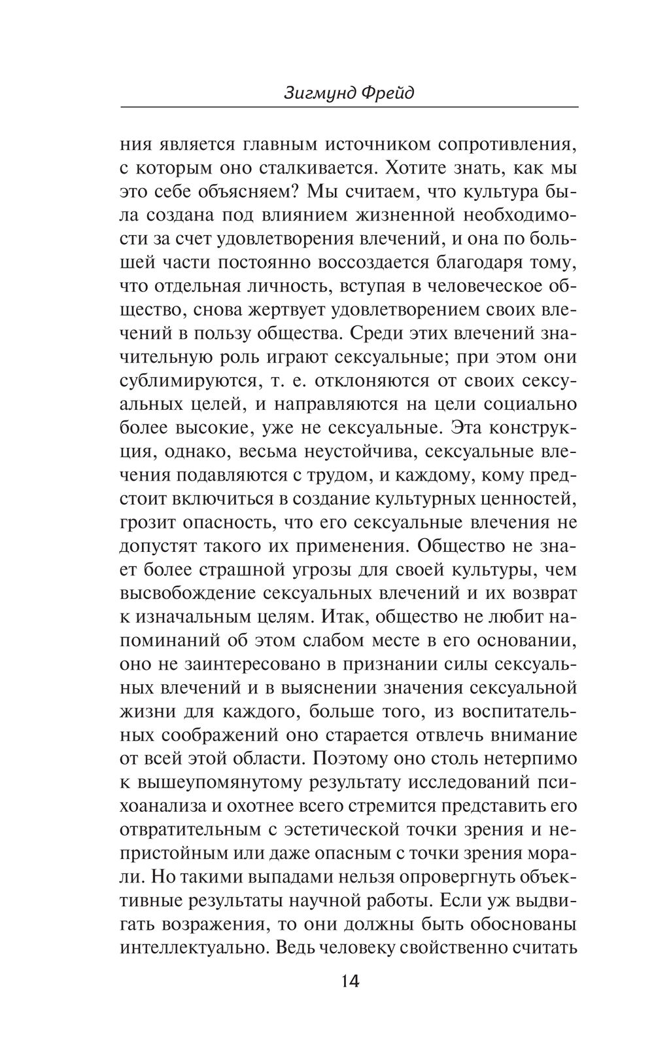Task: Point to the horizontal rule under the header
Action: (x=349, y=107)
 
